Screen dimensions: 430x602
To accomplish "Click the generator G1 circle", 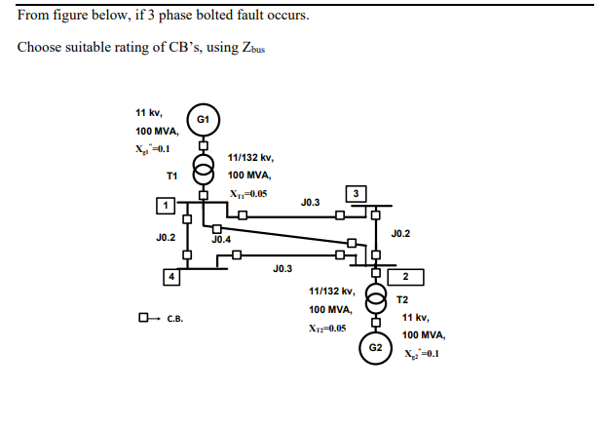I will tap(203, 118).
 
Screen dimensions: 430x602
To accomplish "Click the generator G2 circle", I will tap(375, 347).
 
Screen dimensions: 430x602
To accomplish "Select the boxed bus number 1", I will tap(167, 205).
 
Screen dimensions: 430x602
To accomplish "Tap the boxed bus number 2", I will tap(405, 278).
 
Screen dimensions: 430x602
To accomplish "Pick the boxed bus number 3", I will tap(357, 193).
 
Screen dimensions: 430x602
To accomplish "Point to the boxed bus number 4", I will tap(172, 277).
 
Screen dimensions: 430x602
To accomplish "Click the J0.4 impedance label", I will tap(221, 239).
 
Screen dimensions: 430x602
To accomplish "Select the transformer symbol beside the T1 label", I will tap(203, 171).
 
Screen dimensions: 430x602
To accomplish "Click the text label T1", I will tap(171, 176).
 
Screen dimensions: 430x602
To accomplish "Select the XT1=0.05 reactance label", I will tap(246, 193).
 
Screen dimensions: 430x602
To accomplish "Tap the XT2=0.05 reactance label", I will tap(327, 329).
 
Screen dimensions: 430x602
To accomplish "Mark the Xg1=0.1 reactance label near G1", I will tap(153, 148).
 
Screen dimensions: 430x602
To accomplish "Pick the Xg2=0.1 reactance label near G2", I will tap(422, 353).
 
